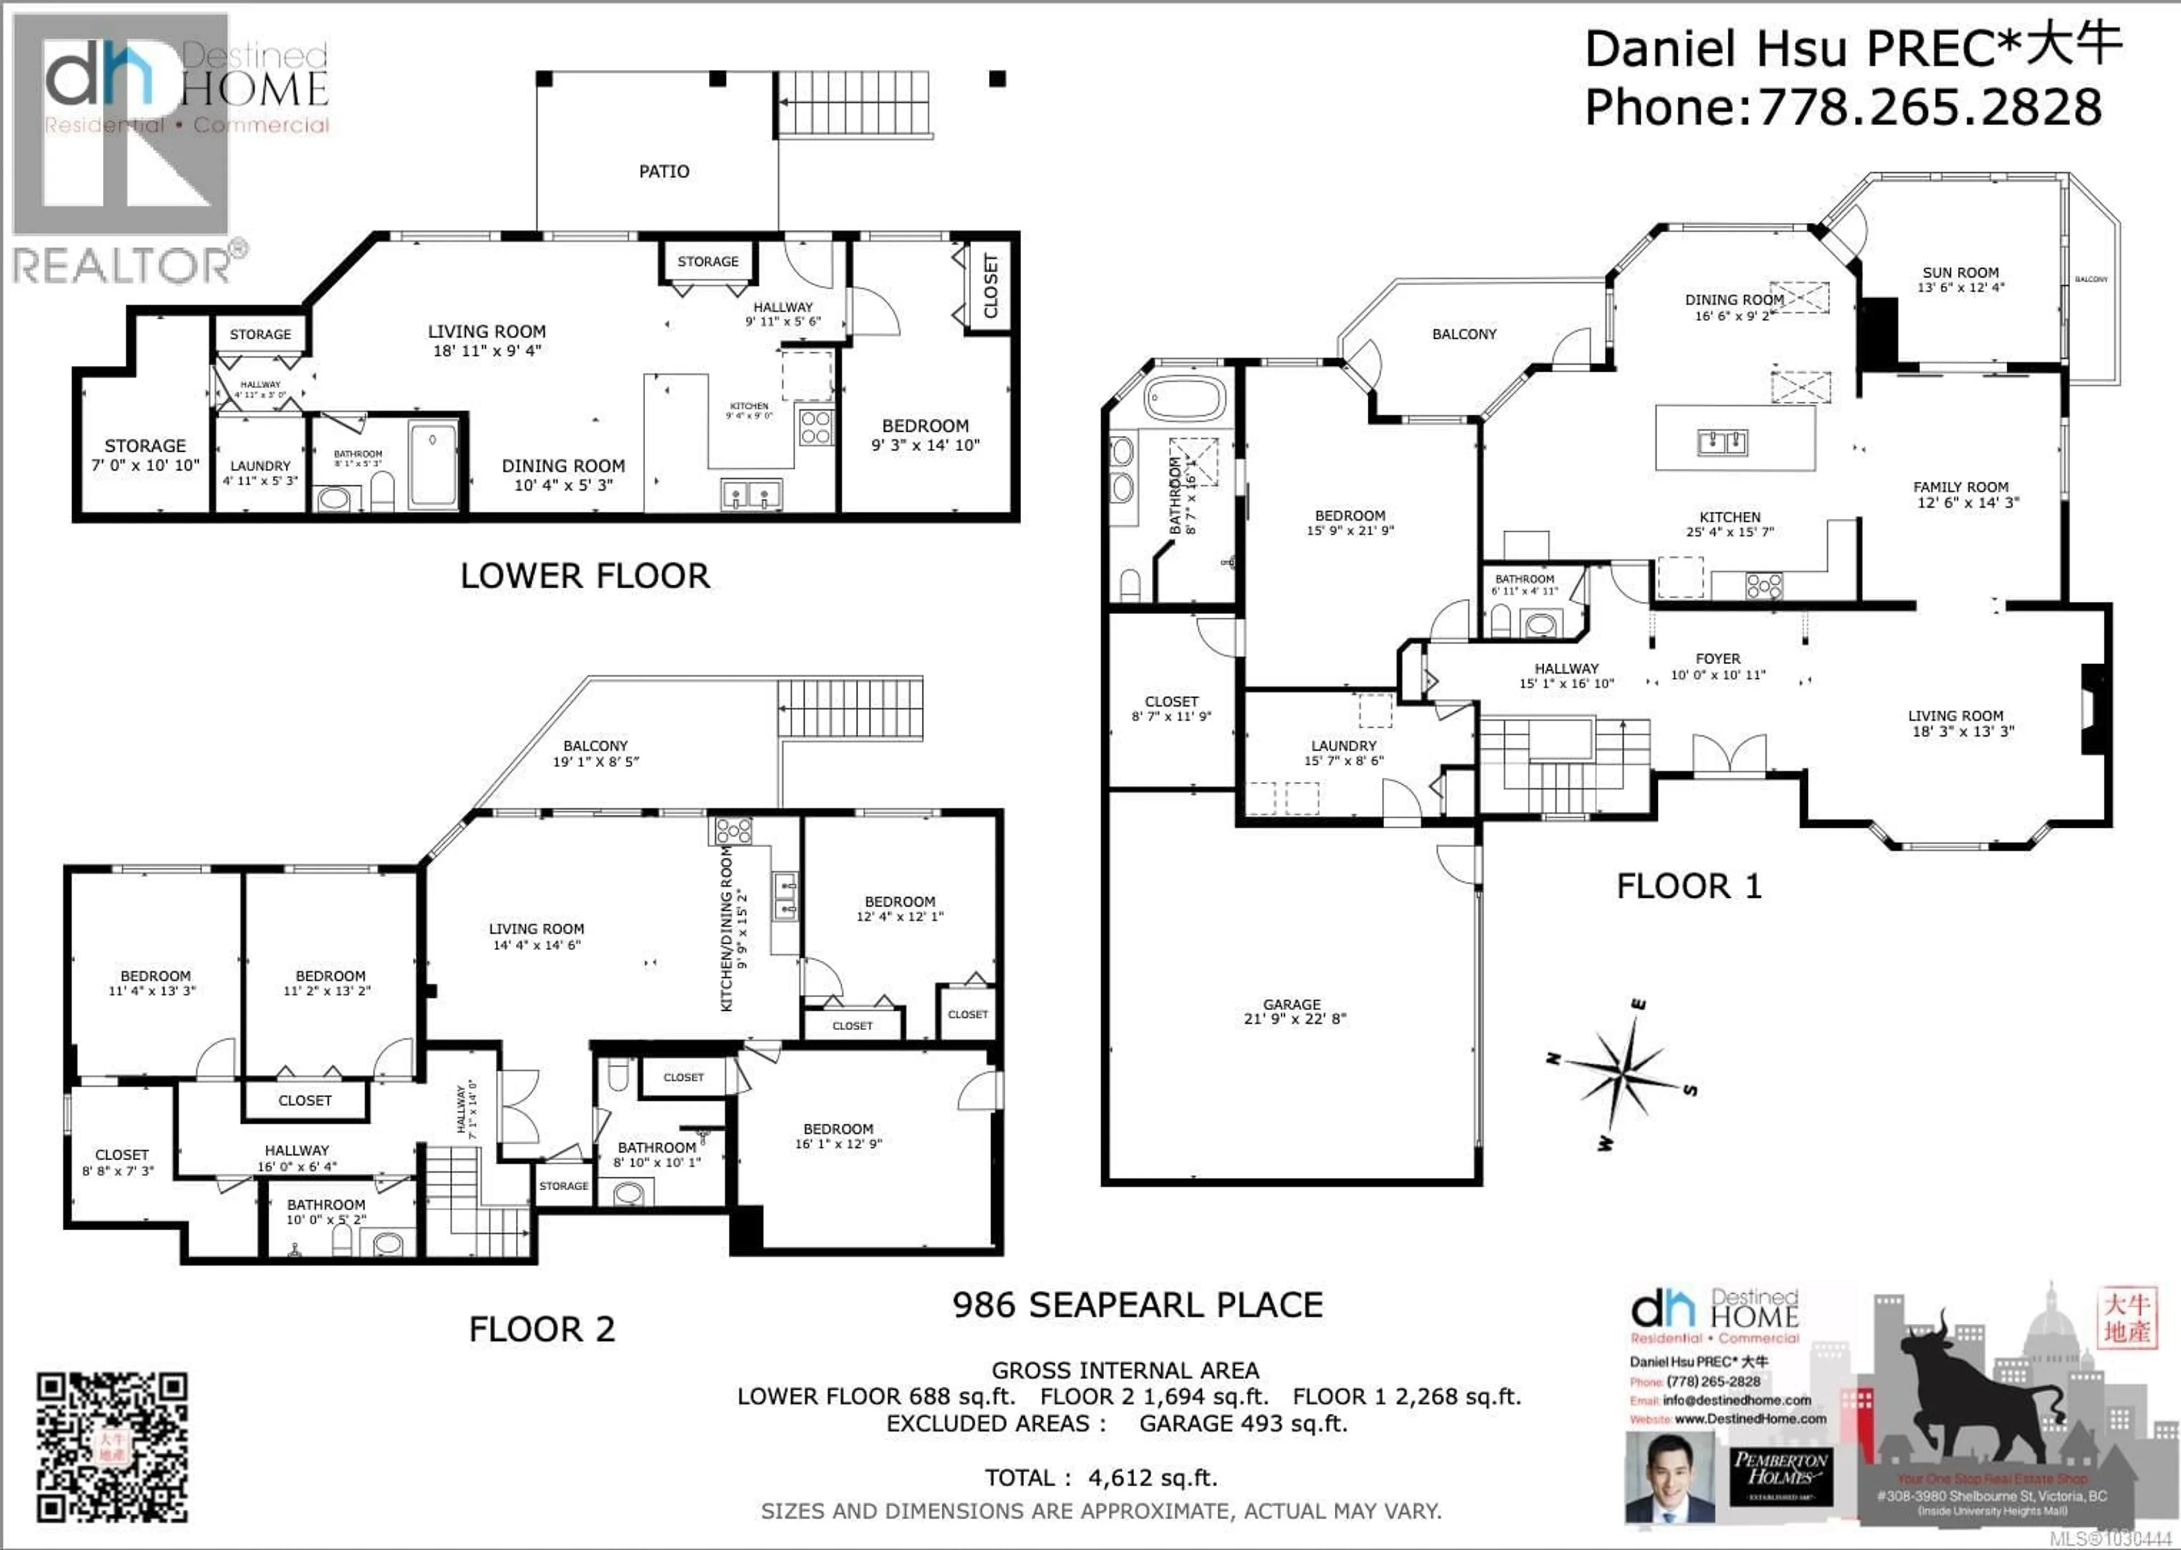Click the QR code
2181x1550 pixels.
pos(112,1447)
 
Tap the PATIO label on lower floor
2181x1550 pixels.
pos(664,172)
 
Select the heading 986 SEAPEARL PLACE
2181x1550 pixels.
pos(1137,1305)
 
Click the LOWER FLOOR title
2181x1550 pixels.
pos(585,576)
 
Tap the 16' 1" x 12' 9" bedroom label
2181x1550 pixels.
pos(838,1136)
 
